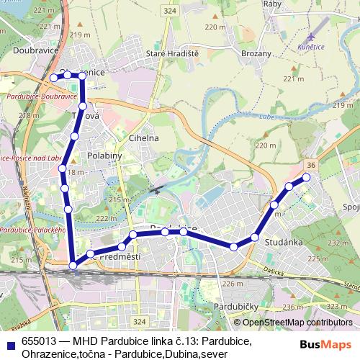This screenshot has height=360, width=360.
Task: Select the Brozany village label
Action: click(256, 53)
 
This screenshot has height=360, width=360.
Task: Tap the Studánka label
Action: click(283, 242)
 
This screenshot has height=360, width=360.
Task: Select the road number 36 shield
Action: click(310, 164)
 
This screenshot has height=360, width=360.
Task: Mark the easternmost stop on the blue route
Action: click(306, 176)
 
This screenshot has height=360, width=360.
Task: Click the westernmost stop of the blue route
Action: click(53, 78)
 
